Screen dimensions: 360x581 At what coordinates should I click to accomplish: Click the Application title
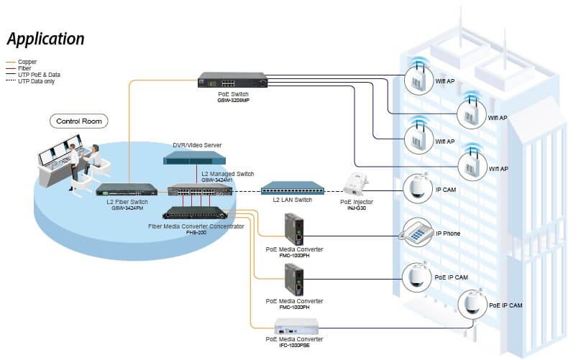pos(46,39)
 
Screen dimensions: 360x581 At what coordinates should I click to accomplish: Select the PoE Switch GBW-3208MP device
pos(234,80)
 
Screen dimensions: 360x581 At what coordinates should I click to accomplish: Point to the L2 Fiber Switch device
pos(127,190)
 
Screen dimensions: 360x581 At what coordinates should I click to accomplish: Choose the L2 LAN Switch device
pos(292,188)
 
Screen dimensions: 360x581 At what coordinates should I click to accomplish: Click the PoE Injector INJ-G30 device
pos(357,184)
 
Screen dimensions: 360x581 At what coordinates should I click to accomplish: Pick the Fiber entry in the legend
pos(27,68)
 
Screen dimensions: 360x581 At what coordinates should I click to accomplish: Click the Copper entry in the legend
pos(28,62)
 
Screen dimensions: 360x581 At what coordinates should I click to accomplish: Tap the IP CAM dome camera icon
pos(415,188)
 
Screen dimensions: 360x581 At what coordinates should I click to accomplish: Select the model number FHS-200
pos(196,233)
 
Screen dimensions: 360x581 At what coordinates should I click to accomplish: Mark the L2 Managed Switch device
pos(200,191)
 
